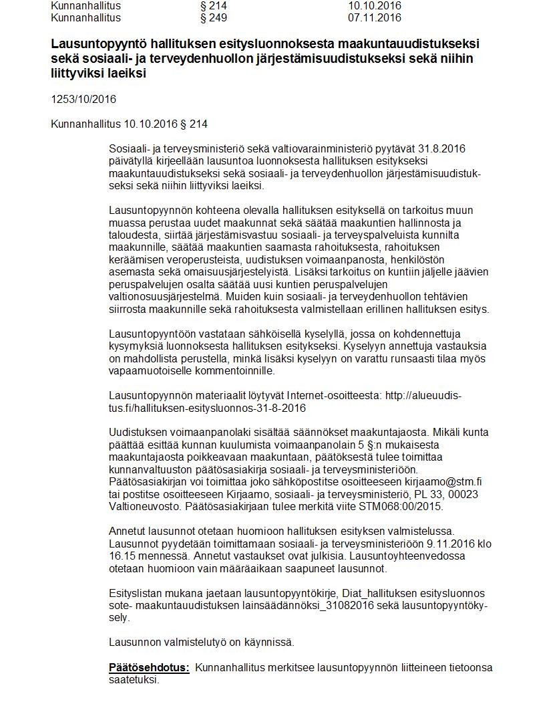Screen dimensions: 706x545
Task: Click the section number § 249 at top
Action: point(214,17)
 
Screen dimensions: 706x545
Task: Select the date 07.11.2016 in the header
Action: point(375,17)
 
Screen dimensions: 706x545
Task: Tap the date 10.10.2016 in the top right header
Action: point(375,5)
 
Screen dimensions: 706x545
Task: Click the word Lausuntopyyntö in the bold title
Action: point(94,44)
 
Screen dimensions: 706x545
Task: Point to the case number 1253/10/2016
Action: point(83,100)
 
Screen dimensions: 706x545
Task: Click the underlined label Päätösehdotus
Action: point(149,668)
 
